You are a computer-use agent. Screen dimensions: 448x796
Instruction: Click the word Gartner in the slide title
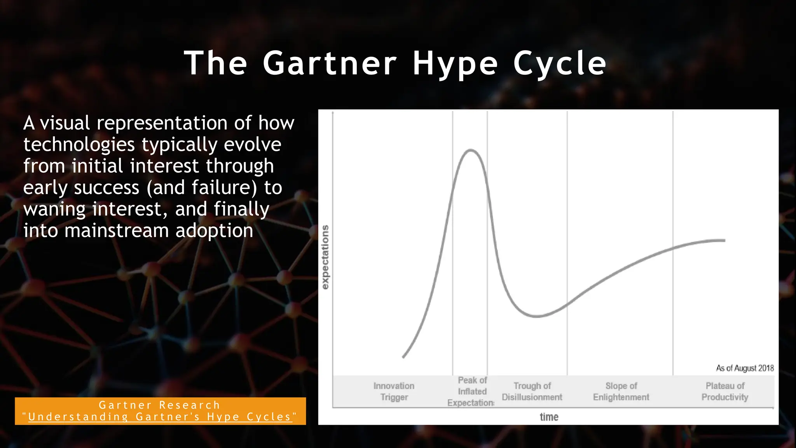point(330,63)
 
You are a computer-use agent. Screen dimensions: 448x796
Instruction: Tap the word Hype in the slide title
point(455,64)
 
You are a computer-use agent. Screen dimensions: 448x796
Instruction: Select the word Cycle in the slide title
point(560,63)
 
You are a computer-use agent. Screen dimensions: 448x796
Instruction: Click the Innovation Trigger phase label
point(394,391)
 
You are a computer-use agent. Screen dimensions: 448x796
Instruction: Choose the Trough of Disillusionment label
point(532,391)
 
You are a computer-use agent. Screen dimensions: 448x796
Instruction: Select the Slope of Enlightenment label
point(621,391)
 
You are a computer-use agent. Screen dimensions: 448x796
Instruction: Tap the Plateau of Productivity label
point(725,391)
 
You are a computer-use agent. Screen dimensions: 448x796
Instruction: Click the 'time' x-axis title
point(549,417)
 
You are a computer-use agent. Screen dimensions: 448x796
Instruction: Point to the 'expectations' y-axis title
point(325,257)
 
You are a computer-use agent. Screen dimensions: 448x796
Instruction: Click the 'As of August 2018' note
point(745,368)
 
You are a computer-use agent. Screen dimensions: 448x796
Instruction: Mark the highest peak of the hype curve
point(471,150)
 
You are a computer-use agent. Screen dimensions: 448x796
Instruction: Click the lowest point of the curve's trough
point(536,316)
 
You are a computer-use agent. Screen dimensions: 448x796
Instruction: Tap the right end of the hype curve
point(724,241)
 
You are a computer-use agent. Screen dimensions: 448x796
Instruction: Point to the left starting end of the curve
point(403,357)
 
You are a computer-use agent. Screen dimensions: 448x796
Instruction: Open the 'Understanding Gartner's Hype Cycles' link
point(160,417)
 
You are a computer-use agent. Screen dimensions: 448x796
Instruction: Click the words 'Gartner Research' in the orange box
point(160,405)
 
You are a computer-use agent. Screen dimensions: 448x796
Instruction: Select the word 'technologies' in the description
point(79,145)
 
